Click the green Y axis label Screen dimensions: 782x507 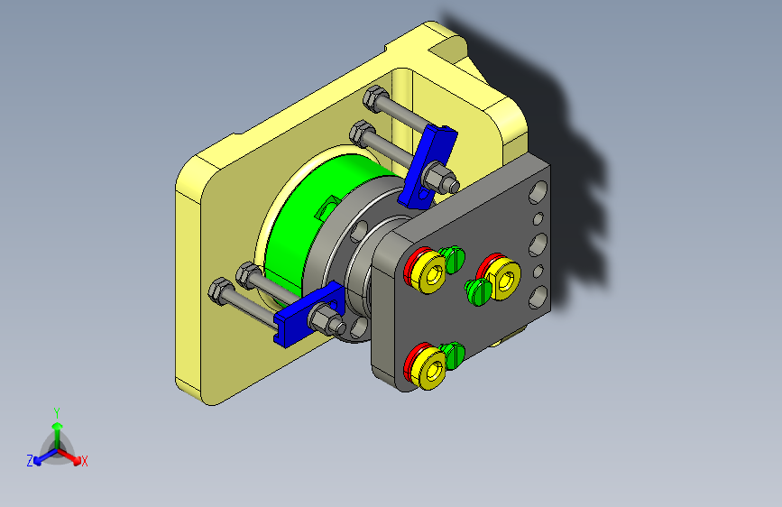point(57,413)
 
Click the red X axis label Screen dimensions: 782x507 point(84,462)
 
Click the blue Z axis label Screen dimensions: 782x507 point(30,461)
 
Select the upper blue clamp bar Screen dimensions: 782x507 point(428,166)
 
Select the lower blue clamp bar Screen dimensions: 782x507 point(308,314)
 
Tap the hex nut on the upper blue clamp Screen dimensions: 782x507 point(439,176)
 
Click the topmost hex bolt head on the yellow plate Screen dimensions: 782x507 point(375,98)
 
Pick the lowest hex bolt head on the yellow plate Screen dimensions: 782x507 point(220,291)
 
